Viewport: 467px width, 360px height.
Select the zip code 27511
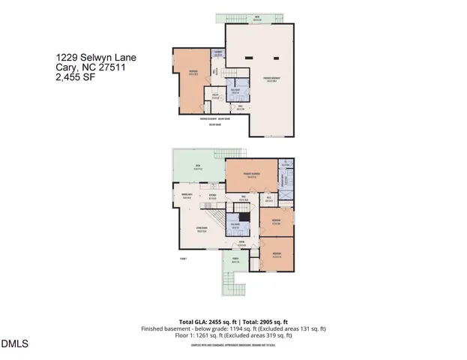[x=110, y=67]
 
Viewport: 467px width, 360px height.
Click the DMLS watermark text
[x=14, y=344]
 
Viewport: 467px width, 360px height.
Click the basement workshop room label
[x=193, y=73]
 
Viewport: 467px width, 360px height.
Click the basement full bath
[x=235, y=91]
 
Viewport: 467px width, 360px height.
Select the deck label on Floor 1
[x=198, y=166]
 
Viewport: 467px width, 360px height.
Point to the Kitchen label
[x=213, y=197]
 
